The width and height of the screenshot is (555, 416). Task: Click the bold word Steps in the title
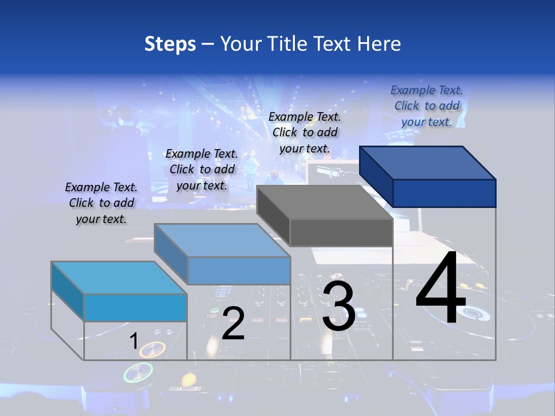(170, 44)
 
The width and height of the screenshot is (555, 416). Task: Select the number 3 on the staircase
(338, 307)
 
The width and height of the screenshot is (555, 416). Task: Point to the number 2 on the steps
(233, 324)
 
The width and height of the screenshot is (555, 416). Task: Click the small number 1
(134, 341)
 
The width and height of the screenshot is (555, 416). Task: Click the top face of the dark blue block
(428, 162)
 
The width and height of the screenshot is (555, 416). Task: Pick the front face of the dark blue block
(444, 193)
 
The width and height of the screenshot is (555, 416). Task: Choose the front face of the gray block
(341, 232)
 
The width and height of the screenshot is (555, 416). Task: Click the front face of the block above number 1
(135, 307)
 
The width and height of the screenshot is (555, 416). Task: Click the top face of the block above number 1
(119, 277)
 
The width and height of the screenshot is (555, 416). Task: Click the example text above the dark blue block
(427, 106)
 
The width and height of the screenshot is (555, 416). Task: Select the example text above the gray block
(305, 132)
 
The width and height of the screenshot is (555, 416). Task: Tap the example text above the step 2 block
(202, 169)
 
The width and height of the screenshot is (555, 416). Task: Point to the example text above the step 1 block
(101, 203)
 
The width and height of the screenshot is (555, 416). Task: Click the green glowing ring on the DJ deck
(138, 373)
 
